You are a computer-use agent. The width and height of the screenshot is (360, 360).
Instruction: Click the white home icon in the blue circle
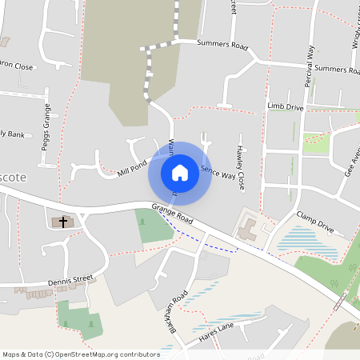[180, 172]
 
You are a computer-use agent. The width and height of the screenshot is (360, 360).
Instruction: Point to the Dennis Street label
[70, 280]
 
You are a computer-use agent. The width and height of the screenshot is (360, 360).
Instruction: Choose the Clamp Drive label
[314, 222]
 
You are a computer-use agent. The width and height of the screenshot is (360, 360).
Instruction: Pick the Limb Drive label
[286, 106]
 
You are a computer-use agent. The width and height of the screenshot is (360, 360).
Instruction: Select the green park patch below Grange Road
[154, 225]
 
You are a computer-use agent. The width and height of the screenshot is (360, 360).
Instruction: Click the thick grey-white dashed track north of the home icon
[147, 76]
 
